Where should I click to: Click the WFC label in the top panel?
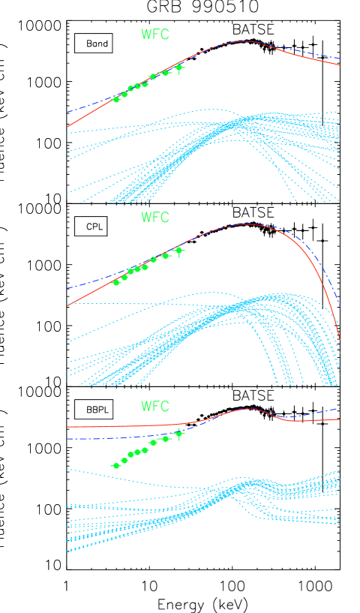pyautogui.click(x=155, y=35)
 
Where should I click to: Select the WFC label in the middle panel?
pyautogui.click(x=155, y=218)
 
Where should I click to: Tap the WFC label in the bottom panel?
pyautogui.click(x=155, y=407)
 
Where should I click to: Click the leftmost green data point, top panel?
pyautogui.click(x=116, y=99)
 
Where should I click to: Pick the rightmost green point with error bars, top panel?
pyautogui.click(x=178, y=68)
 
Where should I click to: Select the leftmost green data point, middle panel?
pyautogui.click(x=116, y=282)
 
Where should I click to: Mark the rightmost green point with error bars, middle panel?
pyautogui.click(x=178, y=251)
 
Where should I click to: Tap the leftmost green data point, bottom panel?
pyautogui.click(x=116, y=466)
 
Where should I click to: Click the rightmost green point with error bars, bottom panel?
pyautogui.click(x=178, y=434)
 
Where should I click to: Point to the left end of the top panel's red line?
pyautogui.click(x=67, y=127)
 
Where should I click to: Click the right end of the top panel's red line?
pyautogui.click(x=340, y=65)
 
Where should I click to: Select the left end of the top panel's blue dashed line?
pyautogui.click(x=67, y=112)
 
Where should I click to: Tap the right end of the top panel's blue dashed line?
pyautogui.click(x=340, y=58)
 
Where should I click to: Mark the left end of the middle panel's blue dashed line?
pyautogui.click(x=67, y=288)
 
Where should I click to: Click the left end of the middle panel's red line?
pyautogui.click(x=67, y=305)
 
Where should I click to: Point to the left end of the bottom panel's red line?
pyautogui.click(x=67, y=427)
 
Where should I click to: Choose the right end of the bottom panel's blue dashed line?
pyautogui.click(x=340, y=408)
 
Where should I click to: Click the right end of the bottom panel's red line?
pyautogui.click(x=340, y=419)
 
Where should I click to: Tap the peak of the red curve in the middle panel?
pyautogui.click(x=246, y=224)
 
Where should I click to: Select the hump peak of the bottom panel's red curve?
pyautogui.click(x=247, y=409)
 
